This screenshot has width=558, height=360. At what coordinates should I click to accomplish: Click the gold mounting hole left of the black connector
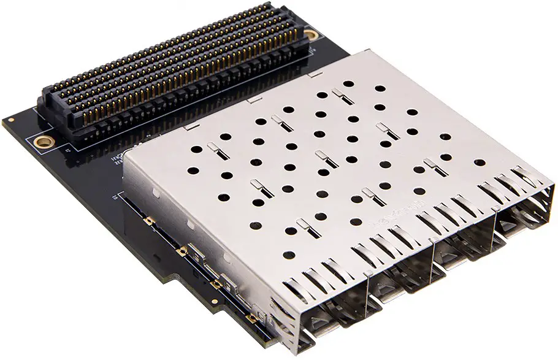click(x=43, y=143)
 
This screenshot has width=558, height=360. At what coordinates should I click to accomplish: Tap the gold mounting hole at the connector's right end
click(x=311, y=34)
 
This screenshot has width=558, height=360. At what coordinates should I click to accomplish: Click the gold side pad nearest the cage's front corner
click(x=250, y=317)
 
